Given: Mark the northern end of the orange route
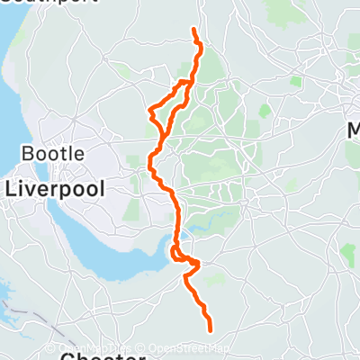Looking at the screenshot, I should (x=194, y=31).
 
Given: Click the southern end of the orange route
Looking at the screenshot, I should (x=211, y=330).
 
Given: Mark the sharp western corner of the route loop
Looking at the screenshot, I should (x=149, y=112).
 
